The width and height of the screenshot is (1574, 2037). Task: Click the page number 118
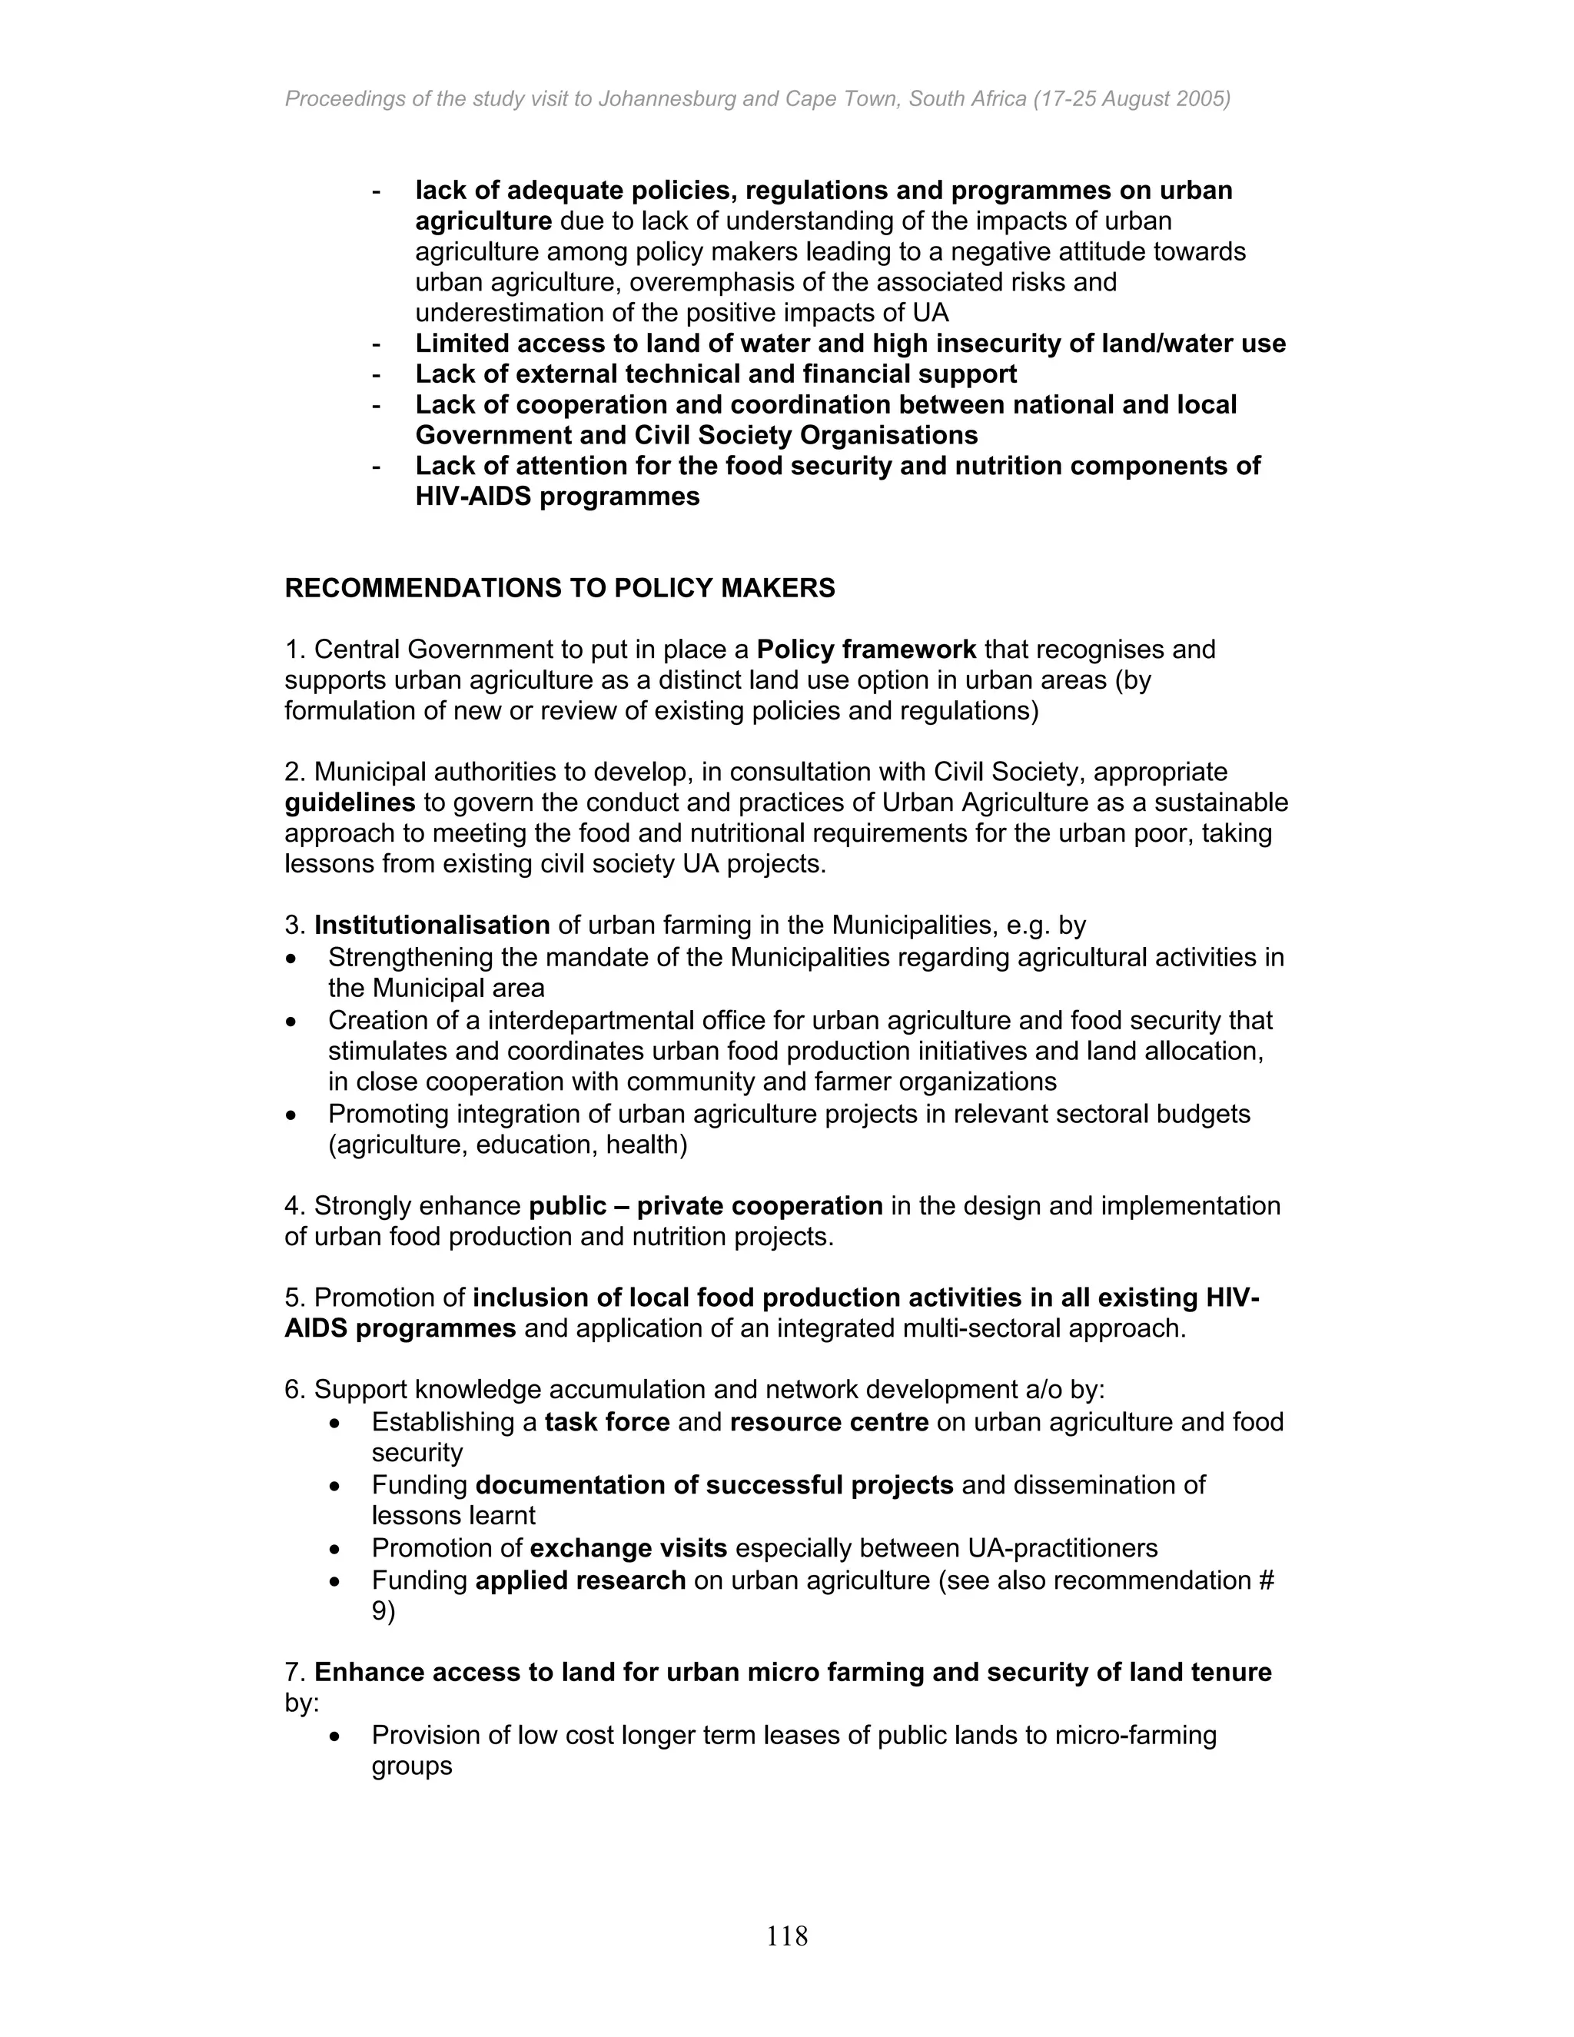click(x=786, y=1936)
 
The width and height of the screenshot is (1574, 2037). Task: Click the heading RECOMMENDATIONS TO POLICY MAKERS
click(x=560, y=589)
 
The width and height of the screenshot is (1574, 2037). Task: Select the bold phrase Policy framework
click(x=866, y=650)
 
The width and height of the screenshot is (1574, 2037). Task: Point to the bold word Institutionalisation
click(x=432, y=925)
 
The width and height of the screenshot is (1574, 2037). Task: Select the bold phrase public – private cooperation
click(x=706, y=1206)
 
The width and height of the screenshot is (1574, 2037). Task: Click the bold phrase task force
click(x=607, y=1422)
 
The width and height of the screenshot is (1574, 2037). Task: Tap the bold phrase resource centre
click(x=829, y=1422)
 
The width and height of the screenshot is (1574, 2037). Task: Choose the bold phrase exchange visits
click(x=629, y=1548)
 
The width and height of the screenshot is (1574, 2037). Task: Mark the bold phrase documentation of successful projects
click(x=714, y=1485)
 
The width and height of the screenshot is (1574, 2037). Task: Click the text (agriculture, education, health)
click(x=507, y=1145)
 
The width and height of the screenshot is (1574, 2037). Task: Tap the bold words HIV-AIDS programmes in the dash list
click(x=556, y=497)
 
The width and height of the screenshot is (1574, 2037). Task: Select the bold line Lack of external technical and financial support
click(x=716, y=374)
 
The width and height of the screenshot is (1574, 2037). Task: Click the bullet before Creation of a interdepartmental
click(x=293, y=1022)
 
